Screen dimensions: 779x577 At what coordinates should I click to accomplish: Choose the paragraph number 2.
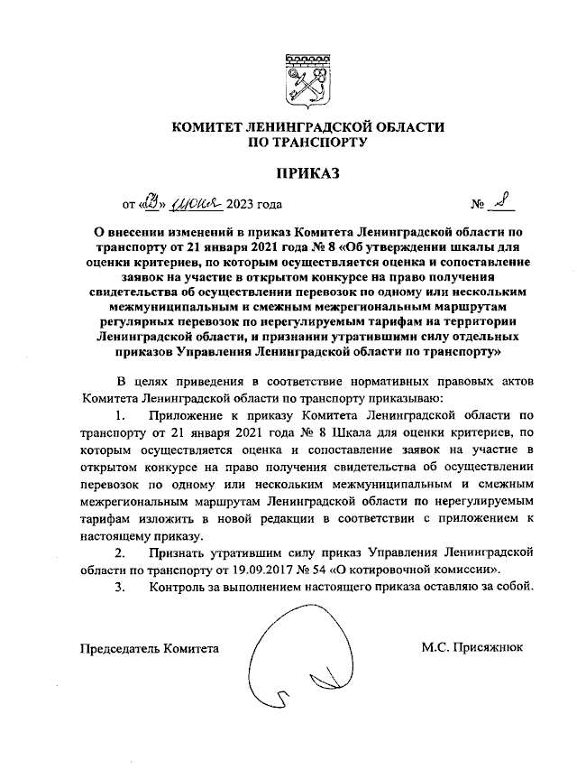[121, 551]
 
